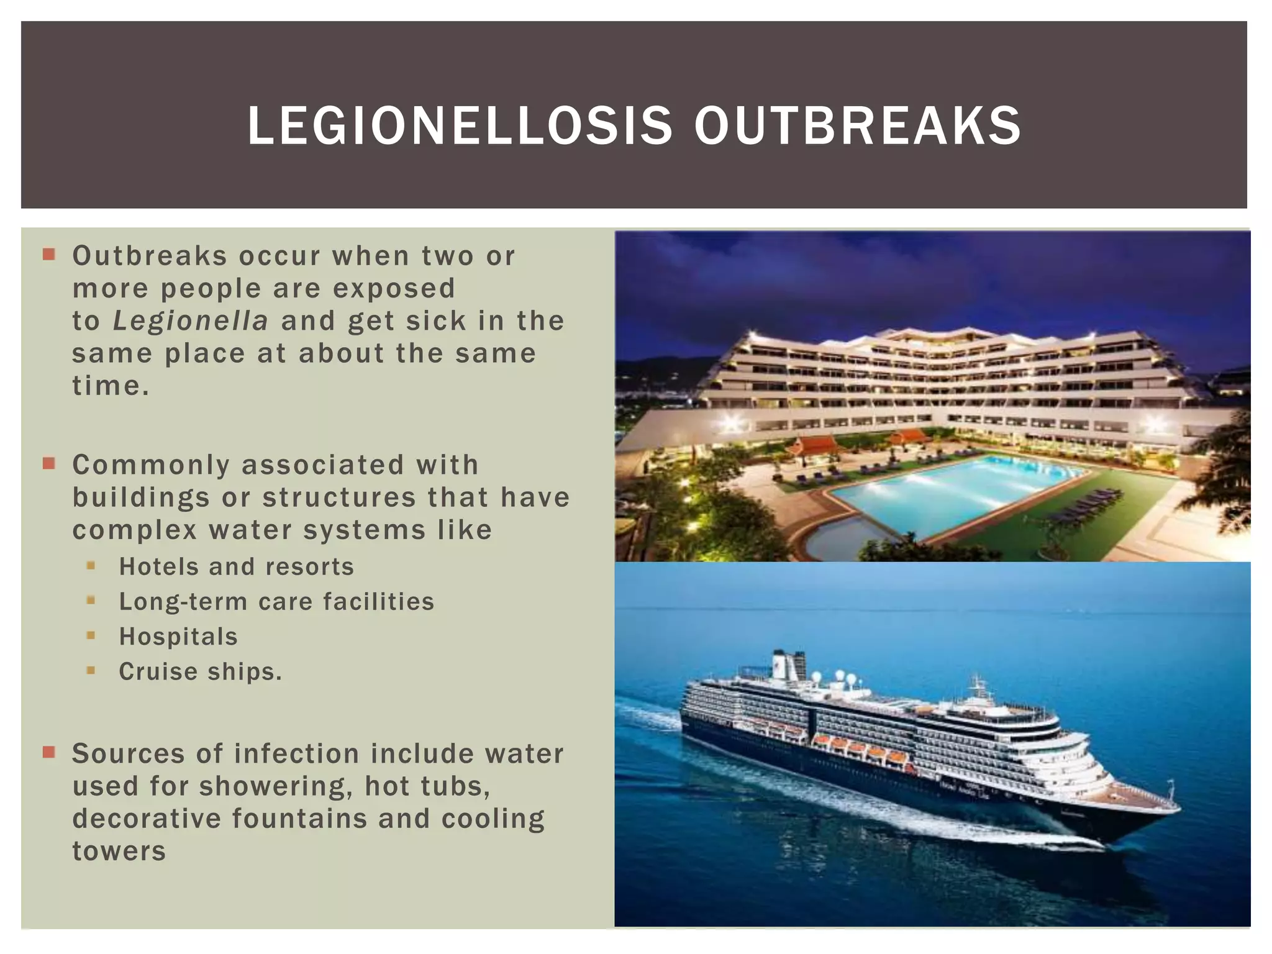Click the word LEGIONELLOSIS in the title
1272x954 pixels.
460,126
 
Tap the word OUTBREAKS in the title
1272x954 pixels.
857,126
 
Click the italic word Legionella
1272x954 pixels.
191,321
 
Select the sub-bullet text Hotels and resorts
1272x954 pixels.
236,567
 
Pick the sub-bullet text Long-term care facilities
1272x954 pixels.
276,602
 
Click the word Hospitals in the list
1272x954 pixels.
178,637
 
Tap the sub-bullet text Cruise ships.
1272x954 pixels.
200,671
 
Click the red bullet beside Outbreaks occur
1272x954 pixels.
49,254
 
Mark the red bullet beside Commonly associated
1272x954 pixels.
49,463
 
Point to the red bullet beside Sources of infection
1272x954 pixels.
49,753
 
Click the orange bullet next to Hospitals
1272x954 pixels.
91,635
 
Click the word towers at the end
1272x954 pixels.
119,852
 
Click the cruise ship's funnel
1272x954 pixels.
788,665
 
